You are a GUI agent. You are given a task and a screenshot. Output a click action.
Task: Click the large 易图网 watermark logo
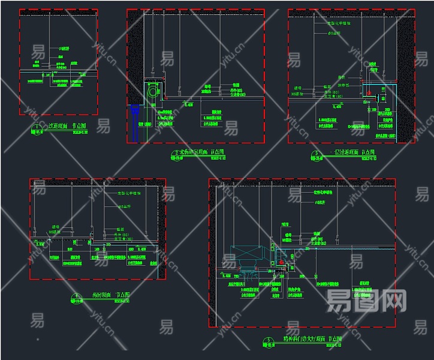(x=366, y=299)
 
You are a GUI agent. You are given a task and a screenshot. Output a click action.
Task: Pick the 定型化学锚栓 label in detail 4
(x=128, y=193)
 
